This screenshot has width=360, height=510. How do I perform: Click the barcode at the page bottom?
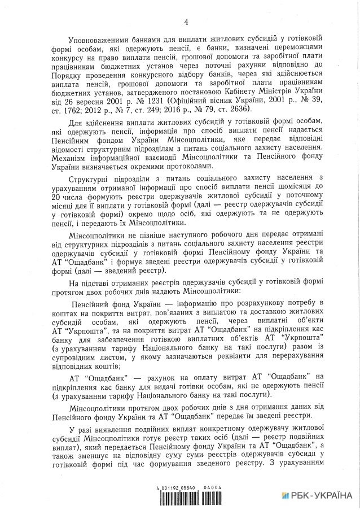187,497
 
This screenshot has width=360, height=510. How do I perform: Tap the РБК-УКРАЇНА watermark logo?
318,494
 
